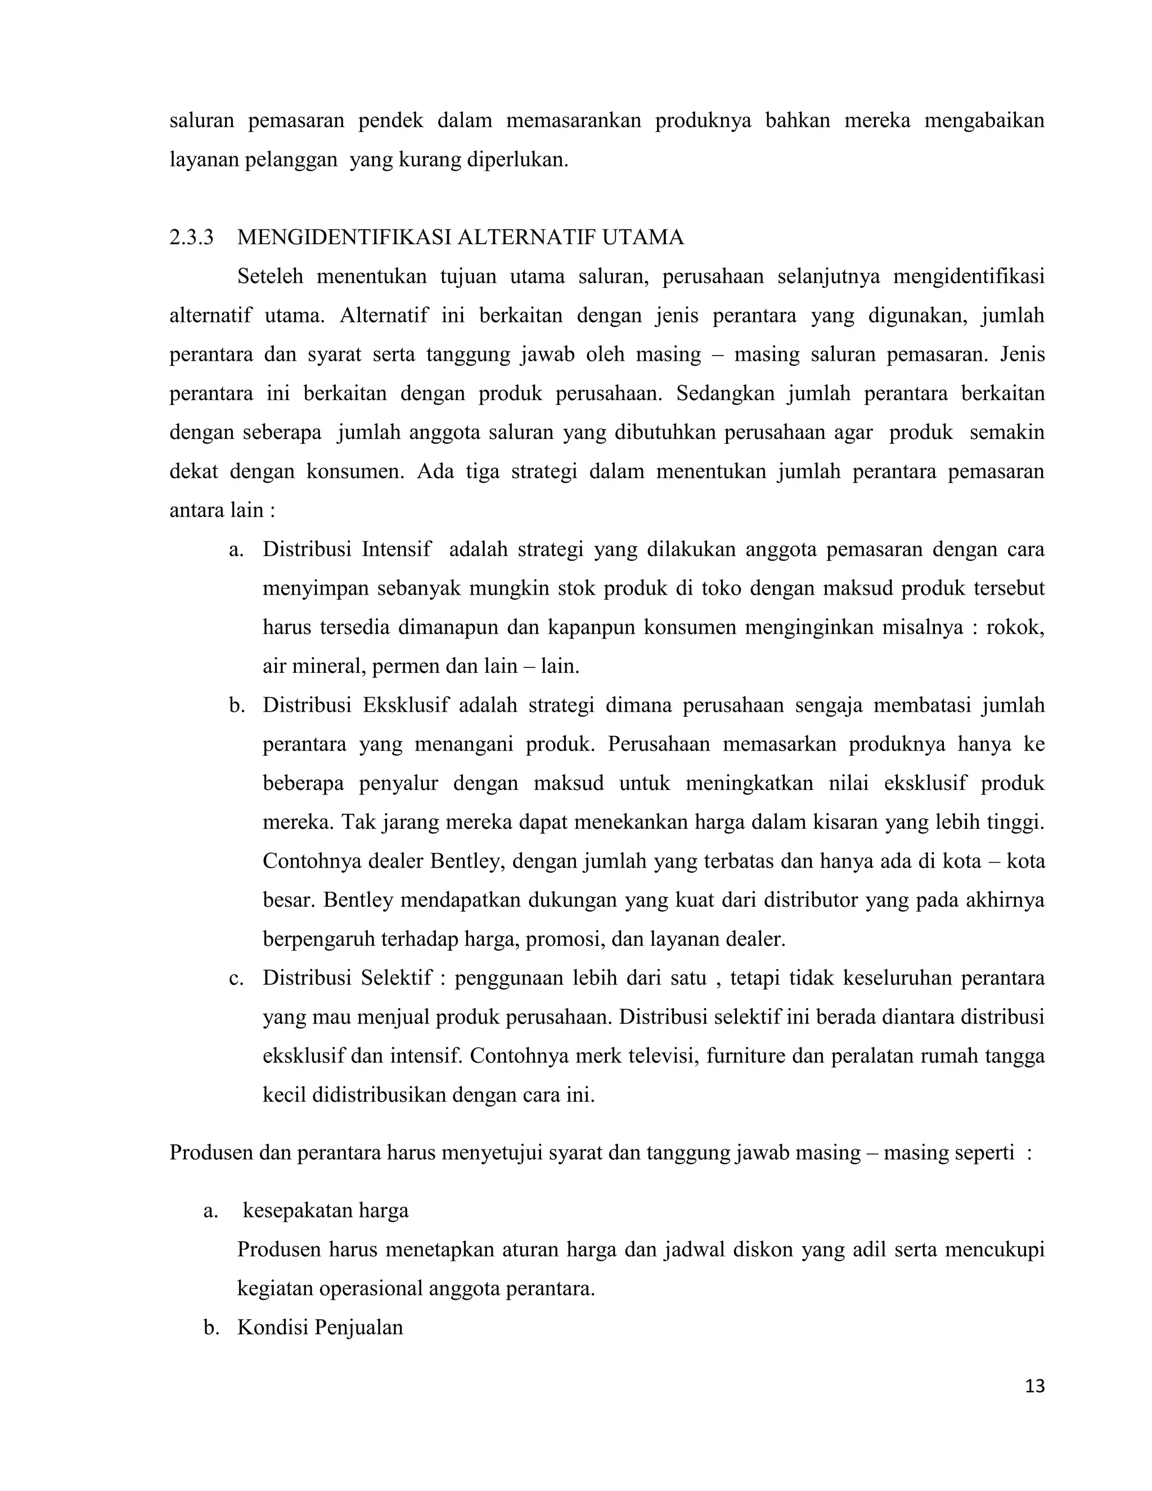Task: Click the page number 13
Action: pos(1034,1386)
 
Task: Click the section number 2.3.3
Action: pos(191,237)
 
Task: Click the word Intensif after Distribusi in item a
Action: pos(397,549)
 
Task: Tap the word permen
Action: pos(407,666)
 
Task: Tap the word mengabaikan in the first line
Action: pos(984,121)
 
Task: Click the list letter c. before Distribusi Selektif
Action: pos(236,978)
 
